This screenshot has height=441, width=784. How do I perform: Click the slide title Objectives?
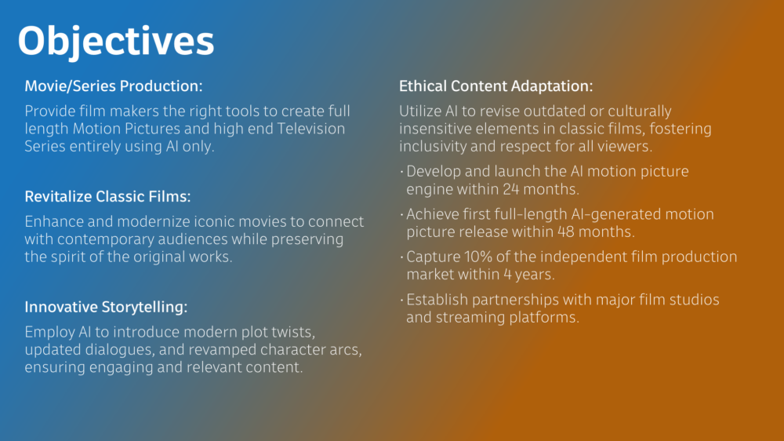coord(116,42)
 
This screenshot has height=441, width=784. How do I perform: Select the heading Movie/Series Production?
coord(114,86)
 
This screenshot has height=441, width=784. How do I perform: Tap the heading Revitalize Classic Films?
coord(107,196)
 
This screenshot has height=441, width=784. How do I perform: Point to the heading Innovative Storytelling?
coord(106,307)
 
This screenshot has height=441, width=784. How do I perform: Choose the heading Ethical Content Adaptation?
coord(495,86)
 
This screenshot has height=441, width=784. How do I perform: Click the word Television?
coord(311,129)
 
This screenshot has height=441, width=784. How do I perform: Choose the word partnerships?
coord(515,300)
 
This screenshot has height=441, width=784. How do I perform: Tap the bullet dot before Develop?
coord(401,172)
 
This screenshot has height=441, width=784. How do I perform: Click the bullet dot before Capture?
coord(401,258)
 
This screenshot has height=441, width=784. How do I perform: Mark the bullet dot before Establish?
coord(401,301)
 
